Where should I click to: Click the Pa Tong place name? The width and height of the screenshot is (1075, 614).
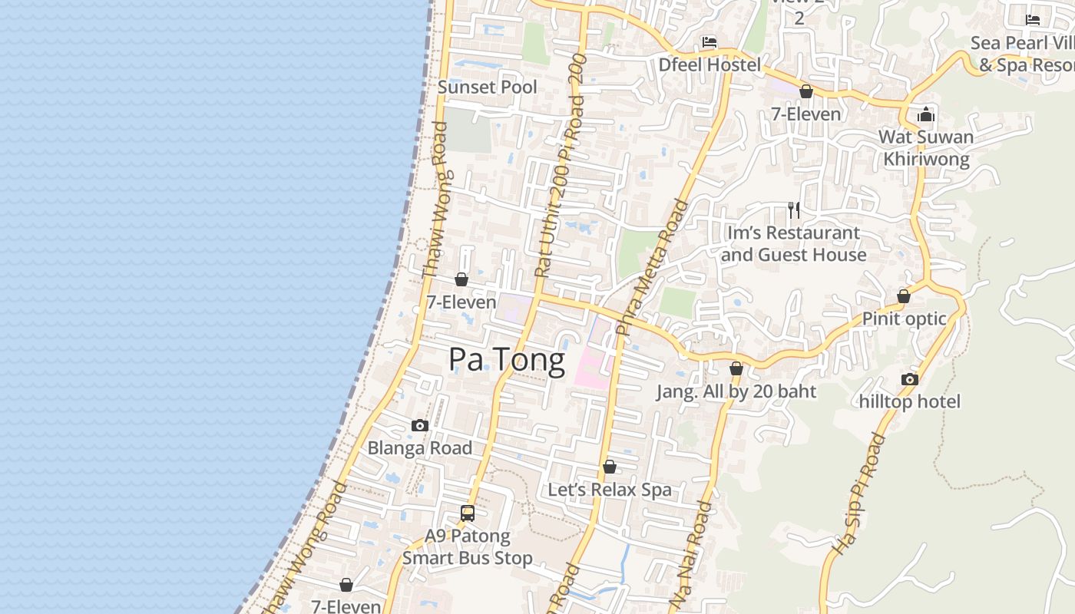507,359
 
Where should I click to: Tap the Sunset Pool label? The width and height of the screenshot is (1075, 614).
488,87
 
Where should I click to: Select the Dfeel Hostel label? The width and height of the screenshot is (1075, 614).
709,65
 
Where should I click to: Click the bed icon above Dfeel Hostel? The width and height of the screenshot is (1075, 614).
709,41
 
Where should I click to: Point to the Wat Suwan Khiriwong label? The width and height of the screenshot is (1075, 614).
926,148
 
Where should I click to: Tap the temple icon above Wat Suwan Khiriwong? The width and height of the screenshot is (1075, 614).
926,115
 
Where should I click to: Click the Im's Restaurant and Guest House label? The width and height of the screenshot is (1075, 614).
793,243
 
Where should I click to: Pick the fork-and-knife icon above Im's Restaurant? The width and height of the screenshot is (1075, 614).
794,209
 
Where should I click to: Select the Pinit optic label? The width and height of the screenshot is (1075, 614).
904,319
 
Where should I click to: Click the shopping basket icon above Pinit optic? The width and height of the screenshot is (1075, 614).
904,296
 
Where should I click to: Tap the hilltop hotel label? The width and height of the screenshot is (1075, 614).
910,401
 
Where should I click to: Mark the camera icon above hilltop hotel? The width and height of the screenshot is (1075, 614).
910,379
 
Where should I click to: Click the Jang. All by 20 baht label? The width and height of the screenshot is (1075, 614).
736,391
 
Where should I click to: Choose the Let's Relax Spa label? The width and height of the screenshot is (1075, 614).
610,490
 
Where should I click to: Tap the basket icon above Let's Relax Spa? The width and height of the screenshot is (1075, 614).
610,467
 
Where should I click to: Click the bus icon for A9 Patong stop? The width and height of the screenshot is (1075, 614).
468,513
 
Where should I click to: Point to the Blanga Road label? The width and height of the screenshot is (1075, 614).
420,448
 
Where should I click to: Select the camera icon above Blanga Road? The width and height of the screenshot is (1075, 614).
420,425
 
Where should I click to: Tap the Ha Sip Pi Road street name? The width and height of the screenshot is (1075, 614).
860,494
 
